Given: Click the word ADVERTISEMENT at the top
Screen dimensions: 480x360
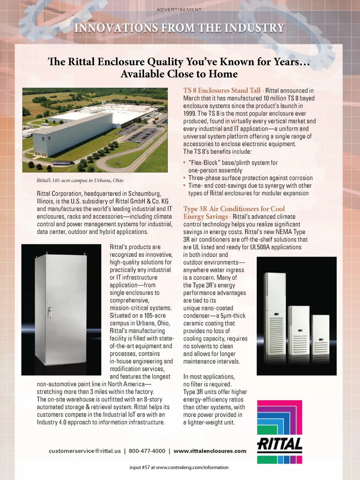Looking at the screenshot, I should [179, 10].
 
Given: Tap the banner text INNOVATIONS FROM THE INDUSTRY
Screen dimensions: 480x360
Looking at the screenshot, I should [179, 28].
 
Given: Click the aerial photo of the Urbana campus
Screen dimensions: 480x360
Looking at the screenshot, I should [95, 130].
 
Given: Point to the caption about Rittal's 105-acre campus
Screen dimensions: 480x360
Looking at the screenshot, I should [80, 181].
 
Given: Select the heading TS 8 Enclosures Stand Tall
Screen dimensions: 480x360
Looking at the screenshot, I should [222, 90].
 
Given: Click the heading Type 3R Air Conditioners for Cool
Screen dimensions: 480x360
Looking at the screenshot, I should [234, 209].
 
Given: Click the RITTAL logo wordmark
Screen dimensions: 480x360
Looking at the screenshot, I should [280, 444].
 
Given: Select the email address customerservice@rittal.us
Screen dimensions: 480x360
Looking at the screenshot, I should [85, 451].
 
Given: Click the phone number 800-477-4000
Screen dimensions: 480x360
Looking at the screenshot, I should [147, 451].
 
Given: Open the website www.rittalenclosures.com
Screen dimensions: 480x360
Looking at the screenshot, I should [210, 451].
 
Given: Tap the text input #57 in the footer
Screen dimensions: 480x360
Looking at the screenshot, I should [140, 467].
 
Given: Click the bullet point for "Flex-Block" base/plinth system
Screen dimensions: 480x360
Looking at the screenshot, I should [185, 163].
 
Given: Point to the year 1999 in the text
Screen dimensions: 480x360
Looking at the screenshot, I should [189, 114].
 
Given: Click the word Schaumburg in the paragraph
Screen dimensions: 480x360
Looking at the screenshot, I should [144, 194].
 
